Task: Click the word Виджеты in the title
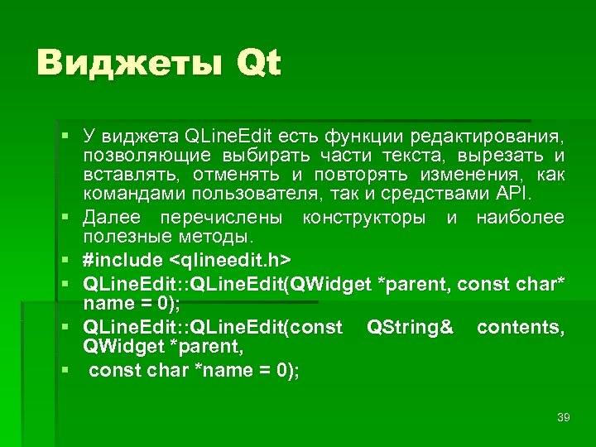[x=128, y=63]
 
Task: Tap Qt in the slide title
[x=258, y=63]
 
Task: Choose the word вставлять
[x=132, y=175]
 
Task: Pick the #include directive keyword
[x=123, y=260]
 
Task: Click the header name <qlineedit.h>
[x=241, y=260]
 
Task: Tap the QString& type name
[x=410, y=328]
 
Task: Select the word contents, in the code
[x=521, y=328]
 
